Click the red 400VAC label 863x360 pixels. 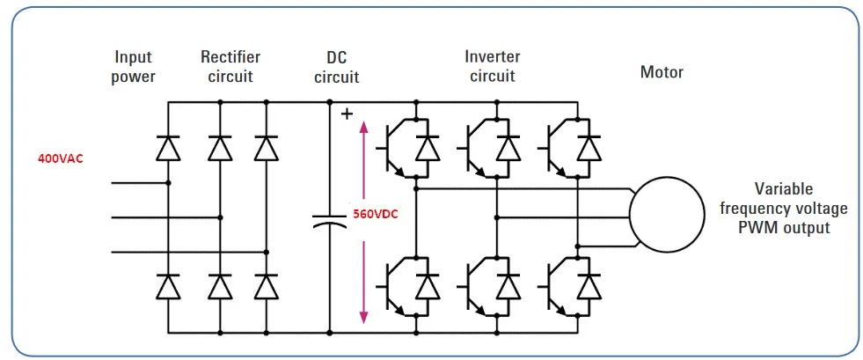tap(60, 159)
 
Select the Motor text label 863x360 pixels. tap(662, 72)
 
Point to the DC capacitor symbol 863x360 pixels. tap(330, 220)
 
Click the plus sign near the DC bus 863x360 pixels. tap(347, 114)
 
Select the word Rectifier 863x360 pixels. tap(230, 57)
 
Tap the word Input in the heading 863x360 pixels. tap(133, 57)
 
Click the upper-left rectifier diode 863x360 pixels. tap(168, 148)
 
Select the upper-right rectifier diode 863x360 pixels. tap(266, 148)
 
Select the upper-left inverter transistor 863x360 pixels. tap(394, 148)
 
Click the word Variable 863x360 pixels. tap(783, 189)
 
